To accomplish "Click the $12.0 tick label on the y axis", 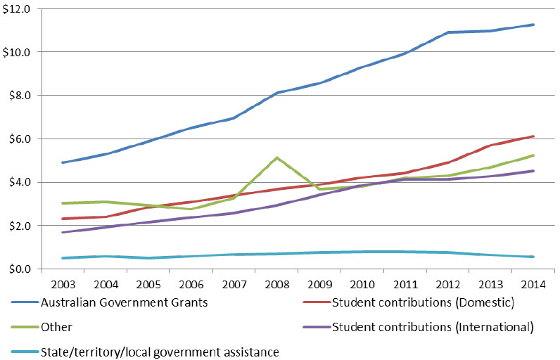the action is pyautogui.click(x=16, y=9).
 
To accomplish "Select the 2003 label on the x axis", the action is pyautogui.click(x=63, y=284).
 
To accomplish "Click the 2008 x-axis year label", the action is pyautogui.click(x=277, y=284).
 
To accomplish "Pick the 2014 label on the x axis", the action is pyautogui.click(x=533, y=284).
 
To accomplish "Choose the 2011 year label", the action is pyautogui.click(x=405, y=284).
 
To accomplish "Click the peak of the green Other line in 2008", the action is pyautogui.click(x=277, y=157).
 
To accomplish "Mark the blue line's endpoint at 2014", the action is pyautogui.click(x=533, y=25).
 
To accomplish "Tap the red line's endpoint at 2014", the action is pyautogui.click(x=533, y=136).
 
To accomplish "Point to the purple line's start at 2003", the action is pyautogui.click(x=63, y=232).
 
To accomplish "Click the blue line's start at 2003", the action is pyautogui.click(x=63, y=162).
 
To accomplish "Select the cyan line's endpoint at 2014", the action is pyautogui.click(x=533, y=257).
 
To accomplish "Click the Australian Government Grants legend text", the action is pyautogui.click(x=125, y=302).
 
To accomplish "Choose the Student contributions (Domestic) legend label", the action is pyautogui.click(x=424, y=302).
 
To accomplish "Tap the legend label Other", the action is pyautogui.click(x=56, y=327).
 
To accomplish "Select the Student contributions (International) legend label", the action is pyautogui.click(x=433, y=327).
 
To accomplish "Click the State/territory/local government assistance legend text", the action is pyautogui.click(x=160, y=352).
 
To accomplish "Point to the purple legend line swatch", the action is pyautogui.click(x=317, y=327).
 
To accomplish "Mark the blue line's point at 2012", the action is pyautogui.click(x=448, y=32).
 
